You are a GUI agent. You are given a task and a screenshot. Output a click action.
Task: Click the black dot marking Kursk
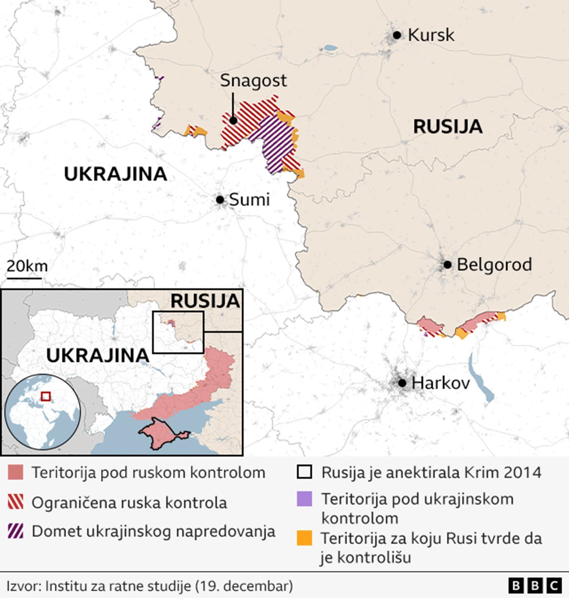[397, 35]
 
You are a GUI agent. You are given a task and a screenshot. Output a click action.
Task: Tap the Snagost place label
[253, 81]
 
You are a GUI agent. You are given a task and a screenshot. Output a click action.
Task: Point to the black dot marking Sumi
[220, 200]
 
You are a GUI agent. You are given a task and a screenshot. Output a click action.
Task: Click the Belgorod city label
[494, 265]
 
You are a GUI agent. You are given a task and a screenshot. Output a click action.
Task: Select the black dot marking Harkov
[402, 383]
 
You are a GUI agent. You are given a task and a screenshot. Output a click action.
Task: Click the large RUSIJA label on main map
[447, 127]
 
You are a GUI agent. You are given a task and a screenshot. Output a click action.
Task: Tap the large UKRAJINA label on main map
[116, 174]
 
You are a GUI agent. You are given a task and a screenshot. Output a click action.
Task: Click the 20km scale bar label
[27, 266]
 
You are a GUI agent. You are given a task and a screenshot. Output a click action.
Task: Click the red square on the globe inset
[45, 396]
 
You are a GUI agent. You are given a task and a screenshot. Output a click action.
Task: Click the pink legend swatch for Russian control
[16, 473]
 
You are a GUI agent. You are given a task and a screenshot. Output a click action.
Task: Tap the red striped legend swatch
[16, 502]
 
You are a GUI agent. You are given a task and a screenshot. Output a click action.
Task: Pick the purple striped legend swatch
[16, 531]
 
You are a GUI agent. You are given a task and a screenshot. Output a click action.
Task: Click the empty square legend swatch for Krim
[305, 472]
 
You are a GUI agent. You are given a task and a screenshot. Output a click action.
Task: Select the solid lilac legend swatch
[305, 499]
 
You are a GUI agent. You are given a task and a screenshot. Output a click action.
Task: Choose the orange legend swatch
[305, 538]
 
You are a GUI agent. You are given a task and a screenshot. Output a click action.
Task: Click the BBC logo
[535, 586]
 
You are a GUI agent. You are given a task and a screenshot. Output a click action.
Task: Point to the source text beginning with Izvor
[149, 586]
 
